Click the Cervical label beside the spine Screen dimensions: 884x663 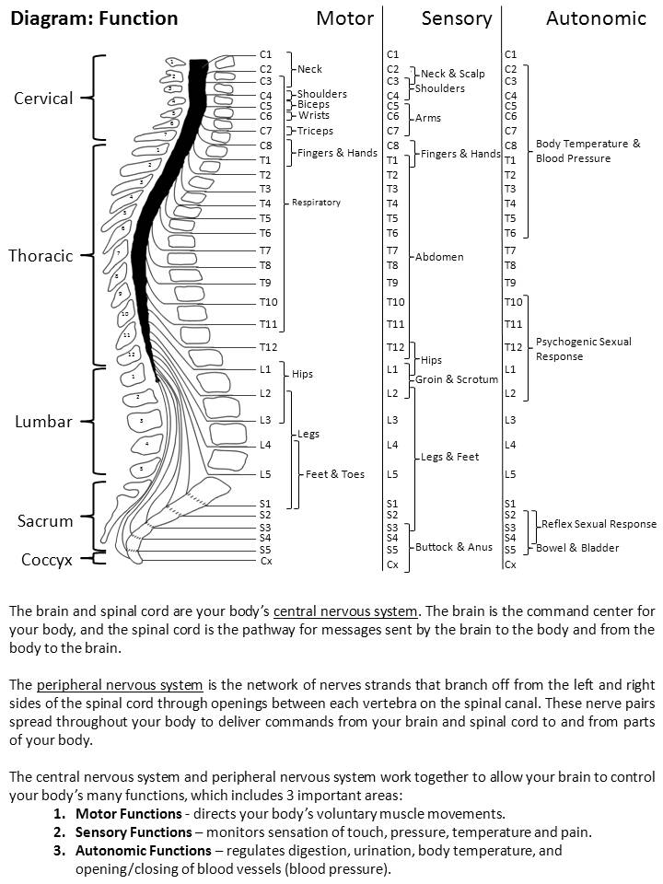[x=43, y=99]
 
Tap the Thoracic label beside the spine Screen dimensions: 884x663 [x=41, y=256]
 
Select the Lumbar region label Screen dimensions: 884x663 [x=43, y=422]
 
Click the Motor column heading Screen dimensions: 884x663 [x=344, y=18]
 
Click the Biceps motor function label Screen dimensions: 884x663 [x=313, y=105]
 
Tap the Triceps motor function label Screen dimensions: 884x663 [x=315, y=131]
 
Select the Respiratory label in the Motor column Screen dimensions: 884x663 [x=316, y=203]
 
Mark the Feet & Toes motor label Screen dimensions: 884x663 [x=335, y=474]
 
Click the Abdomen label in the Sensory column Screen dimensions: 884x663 [x=439, y=257]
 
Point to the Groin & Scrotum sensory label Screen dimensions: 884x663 [x=457, y=379]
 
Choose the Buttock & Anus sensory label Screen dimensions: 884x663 [x=454, y=547]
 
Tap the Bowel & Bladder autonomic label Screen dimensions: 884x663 [x=578, y=548]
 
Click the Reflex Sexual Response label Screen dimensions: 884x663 [x=599, y=524]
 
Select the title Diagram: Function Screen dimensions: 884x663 [x=94, y=18]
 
